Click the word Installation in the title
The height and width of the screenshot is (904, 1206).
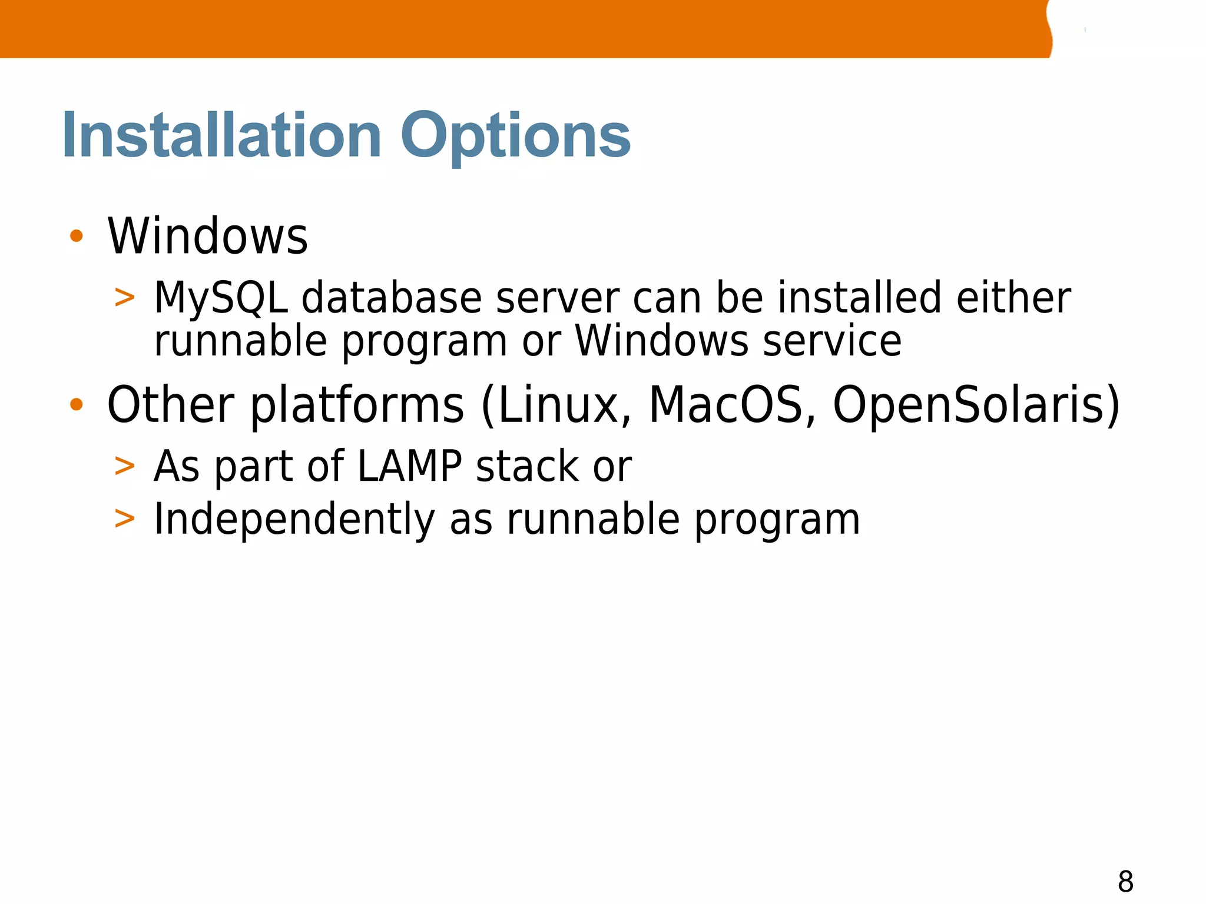pyautogui.click(x=222, y=136)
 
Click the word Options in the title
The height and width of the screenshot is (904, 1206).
pyautogui.click(x=515, y=137)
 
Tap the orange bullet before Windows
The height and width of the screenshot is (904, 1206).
pyautogui.click(x=76, y=236)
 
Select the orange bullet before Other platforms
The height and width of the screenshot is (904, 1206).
pyautogui.click(x=76, y=404)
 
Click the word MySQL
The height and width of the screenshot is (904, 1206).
pyautogui.click(x=221, y=298)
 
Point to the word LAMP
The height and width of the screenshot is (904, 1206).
pyautogui.click(x=410, y=466)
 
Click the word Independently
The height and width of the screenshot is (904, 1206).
pyautogui.click(x=294, y=519)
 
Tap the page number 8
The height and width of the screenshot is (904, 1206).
pyautogui.click(x=1125, y=882)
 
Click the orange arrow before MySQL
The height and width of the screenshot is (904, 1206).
pyautogui.click(x=125, y=298)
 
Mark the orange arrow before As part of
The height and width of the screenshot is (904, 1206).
pyautogui.click(x=125, y=466)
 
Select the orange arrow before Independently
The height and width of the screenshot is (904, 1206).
pyautogui.click(x=125, y=519)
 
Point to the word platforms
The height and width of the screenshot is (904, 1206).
pyautogui.click(x=357, y=406)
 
